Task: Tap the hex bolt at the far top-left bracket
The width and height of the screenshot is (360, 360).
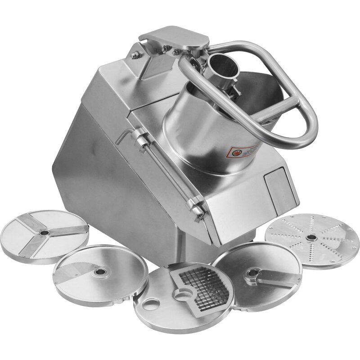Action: [135, 56]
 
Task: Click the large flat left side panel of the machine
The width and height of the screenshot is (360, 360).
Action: [112, 180]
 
